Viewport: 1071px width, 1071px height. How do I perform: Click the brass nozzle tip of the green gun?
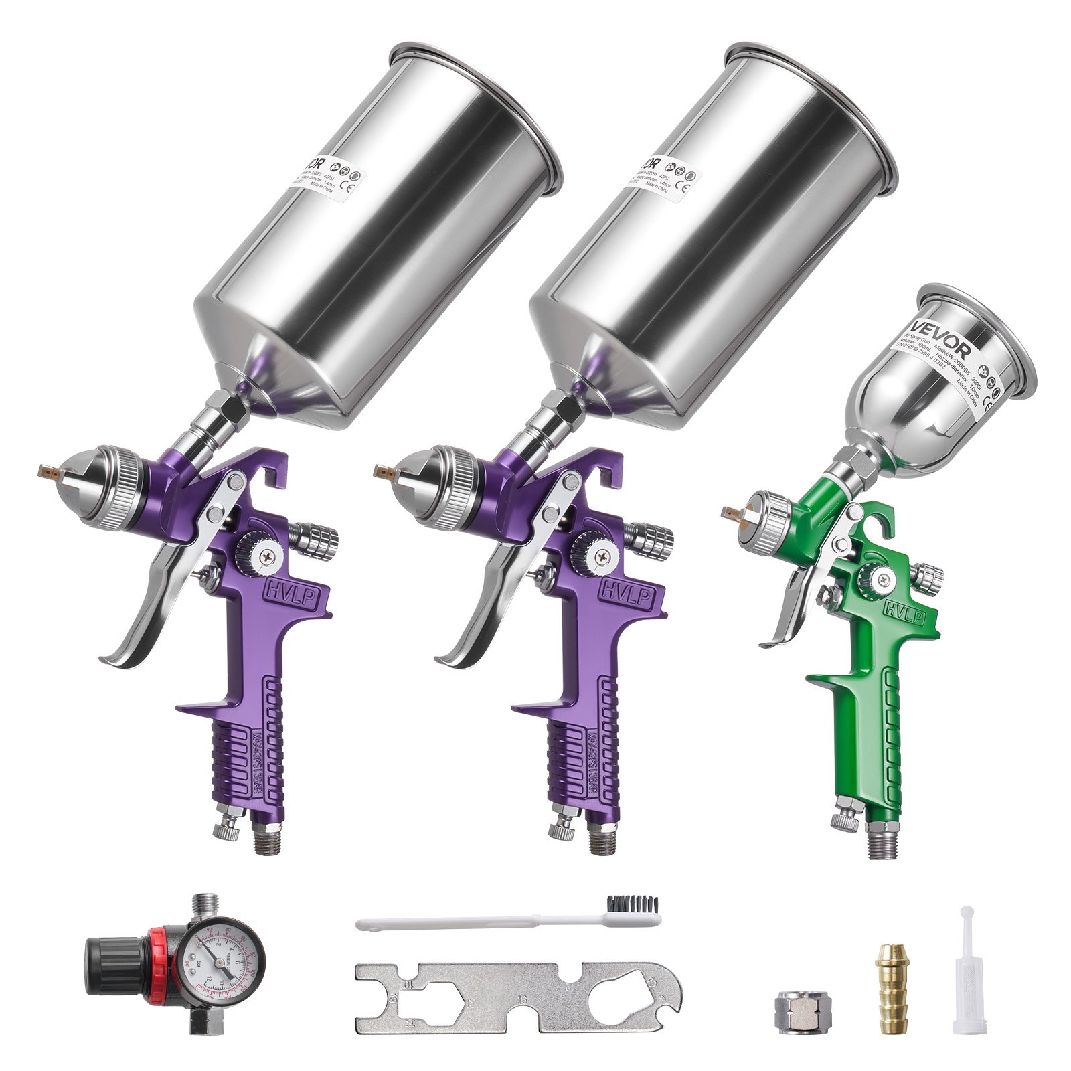[x=732, y=513]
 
